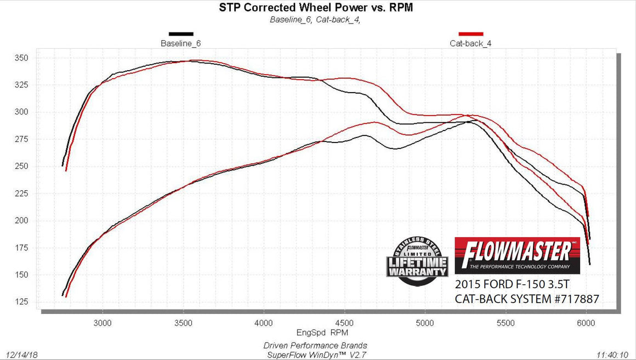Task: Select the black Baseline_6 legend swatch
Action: coord(181,34)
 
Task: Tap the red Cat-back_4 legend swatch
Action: coord(470,34)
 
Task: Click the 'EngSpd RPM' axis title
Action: coord(323,332)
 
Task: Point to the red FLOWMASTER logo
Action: coord(518,255)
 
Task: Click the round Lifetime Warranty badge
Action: coord(418,261)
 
